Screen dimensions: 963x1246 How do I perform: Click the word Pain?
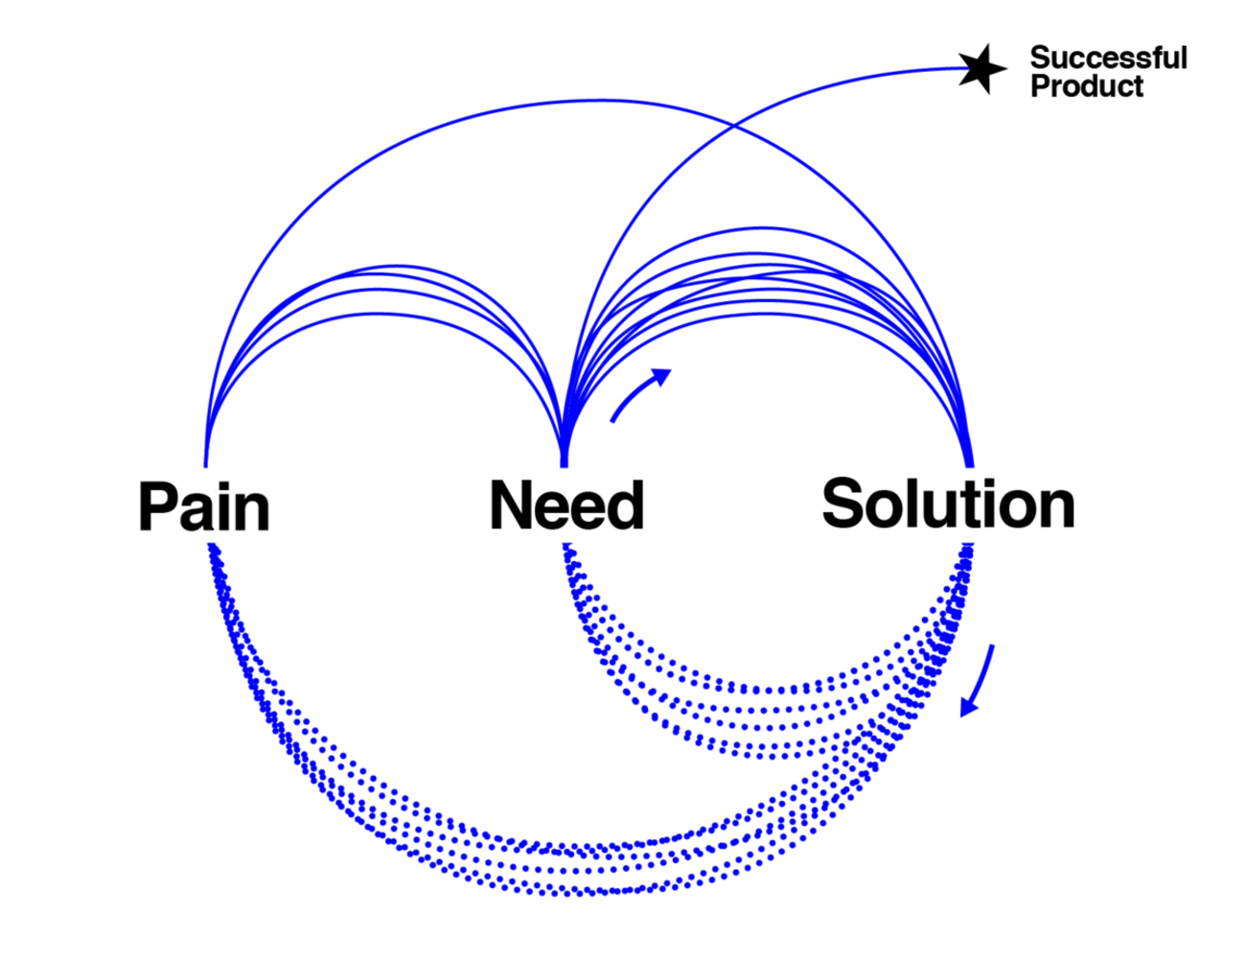pos(203,506)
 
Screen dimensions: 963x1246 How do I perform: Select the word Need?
pos(565,505)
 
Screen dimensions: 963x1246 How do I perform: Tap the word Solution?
pos(948,504)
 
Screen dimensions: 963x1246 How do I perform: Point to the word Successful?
pos(1108,58)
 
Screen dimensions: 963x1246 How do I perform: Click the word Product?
pos(1087,86)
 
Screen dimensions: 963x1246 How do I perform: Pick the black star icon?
pos(981,69)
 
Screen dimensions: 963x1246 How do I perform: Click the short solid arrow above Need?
pos(640,394)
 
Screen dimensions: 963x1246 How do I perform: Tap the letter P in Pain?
pos(158,506)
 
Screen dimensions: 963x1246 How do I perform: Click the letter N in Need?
pos(511,505)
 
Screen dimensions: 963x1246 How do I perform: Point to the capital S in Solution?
pos(843,504)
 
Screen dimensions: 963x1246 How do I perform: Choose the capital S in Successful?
pos(1040,58)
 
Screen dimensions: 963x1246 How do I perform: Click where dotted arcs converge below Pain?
pos(211,549)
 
